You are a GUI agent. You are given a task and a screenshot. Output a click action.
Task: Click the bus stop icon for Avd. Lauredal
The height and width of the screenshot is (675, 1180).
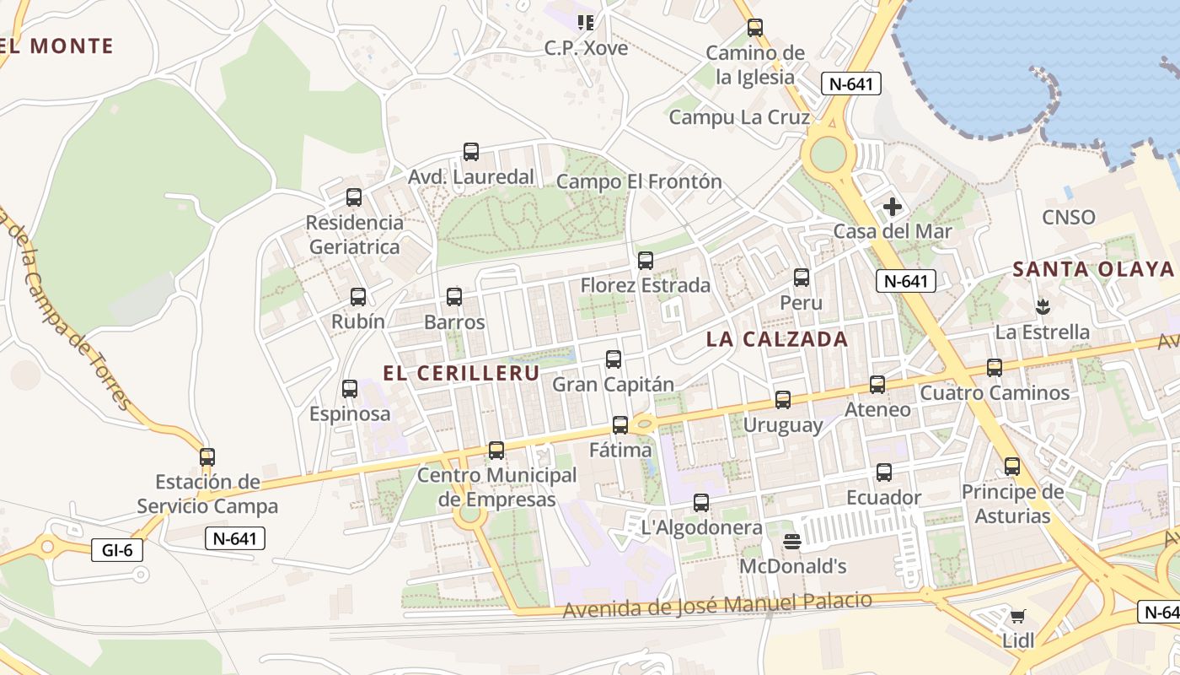pos(471,152)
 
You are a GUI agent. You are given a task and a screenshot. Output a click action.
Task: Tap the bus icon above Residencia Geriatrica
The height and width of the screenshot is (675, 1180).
pos(354,197)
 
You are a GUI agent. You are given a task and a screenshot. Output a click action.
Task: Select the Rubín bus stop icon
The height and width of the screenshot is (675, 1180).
pos(358,297)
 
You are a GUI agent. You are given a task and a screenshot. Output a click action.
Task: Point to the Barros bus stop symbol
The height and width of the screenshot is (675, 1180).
pos(454,297)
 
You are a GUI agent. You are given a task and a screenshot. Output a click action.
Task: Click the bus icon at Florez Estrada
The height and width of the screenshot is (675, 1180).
pos(646,261)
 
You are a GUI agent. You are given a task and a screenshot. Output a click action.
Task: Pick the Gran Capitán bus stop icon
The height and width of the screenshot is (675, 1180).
pos(614,359)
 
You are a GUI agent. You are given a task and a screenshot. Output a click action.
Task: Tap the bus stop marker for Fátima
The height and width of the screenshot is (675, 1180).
pos(620,425)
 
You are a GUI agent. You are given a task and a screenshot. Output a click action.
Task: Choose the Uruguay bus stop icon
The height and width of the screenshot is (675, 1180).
pos(783,400)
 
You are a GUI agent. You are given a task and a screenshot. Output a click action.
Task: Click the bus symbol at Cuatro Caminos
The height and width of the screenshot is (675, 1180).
pos(995,368)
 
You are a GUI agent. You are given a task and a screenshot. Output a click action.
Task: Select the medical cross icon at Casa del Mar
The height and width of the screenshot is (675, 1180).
pos(892,207)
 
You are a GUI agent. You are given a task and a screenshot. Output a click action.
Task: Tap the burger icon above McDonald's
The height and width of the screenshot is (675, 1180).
pos(792,541)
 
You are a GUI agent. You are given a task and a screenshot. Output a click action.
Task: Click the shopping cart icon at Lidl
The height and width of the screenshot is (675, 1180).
pos(1018,616)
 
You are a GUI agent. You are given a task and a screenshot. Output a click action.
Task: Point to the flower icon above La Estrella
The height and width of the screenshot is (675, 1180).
pos(1043,305)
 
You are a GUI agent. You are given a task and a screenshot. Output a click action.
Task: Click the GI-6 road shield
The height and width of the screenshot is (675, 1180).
pos(117,550)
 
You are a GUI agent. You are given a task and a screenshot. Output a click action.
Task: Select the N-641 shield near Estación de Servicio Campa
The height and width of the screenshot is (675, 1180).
pos(235,538)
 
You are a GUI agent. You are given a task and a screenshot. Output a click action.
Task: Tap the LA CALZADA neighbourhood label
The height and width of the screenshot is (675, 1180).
pos(777,339)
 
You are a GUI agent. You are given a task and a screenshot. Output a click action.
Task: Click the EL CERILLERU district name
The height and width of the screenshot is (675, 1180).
pos(461,373)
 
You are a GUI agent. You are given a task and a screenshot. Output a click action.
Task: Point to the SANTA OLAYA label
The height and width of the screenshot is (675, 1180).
pos(1093,269)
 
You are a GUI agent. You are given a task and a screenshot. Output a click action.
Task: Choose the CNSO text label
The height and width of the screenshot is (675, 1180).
pos(1069,218)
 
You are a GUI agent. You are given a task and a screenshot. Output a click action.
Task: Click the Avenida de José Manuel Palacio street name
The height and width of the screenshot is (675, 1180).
pos(717,604)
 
